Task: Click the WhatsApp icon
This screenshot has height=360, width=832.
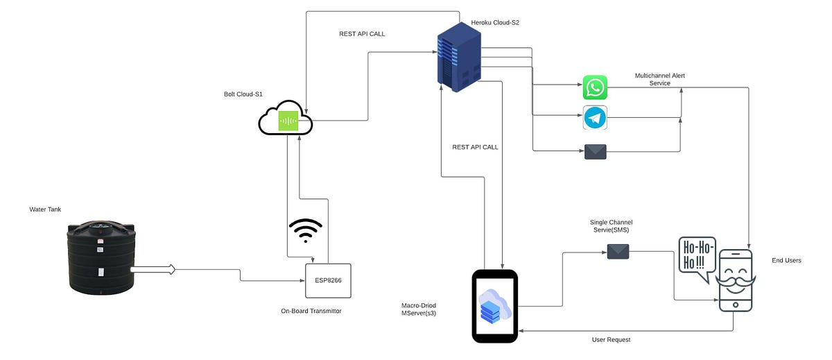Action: coord(595,88)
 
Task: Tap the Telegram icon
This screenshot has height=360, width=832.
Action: coord(595,119)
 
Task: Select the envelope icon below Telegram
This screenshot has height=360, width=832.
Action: coord(595,152)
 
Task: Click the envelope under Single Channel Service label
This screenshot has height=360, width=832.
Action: coord(618,252)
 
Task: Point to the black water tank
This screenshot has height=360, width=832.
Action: coord(100,256)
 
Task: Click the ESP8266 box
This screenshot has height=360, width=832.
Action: coord(328,280)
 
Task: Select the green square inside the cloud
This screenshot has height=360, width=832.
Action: coord(288,122)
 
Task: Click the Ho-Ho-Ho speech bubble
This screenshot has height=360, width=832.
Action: coord(695,255)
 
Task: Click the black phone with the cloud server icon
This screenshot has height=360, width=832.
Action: coord(495,306)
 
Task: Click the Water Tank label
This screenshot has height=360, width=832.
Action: coord(45,209)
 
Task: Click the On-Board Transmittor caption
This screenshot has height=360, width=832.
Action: coord(306,311)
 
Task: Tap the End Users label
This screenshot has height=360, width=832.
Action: coord(786,261)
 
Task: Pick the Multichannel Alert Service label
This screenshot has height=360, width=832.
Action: coord(659,79)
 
